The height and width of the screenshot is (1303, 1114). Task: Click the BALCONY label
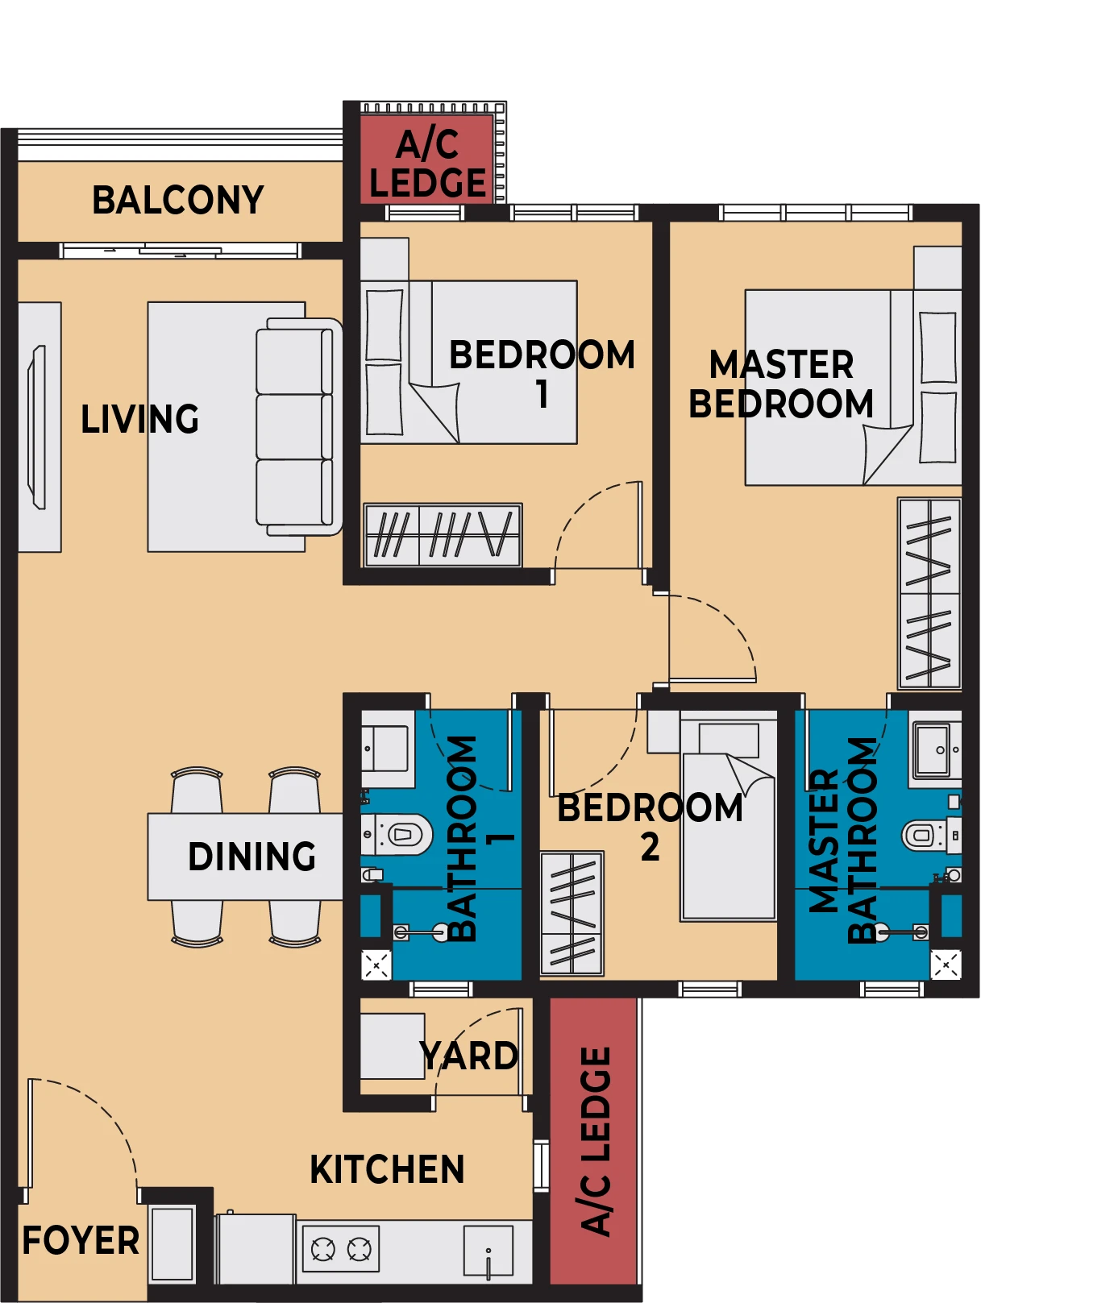[178, 200]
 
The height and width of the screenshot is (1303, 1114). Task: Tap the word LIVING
[139, 419]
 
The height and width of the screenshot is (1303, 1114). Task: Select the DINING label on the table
[251, 857]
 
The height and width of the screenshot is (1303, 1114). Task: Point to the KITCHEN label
[387, 1169]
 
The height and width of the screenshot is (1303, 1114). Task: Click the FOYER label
[81, 1240]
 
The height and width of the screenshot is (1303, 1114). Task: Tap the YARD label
[468, 1056]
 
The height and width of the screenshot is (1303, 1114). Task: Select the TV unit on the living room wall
[39, 427]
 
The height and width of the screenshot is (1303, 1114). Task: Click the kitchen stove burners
[341, 1250]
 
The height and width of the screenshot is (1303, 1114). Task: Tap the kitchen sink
[488, 1251]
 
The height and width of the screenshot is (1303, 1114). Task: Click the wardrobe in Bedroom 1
[443, 535]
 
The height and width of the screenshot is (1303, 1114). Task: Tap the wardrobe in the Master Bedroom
[929, 593]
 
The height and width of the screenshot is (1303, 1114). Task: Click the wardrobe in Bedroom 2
[572, 914]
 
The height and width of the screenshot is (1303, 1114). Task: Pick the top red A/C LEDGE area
[426, 159]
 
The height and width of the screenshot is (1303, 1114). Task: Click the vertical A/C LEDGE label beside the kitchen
[596, 1141]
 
